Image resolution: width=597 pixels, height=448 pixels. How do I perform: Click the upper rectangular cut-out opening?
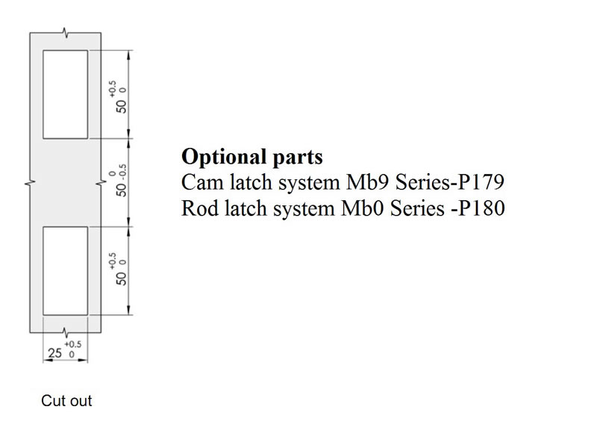[65, 94]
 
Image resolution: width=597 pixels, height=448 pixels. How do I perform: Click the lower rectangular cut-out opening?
[65, 270]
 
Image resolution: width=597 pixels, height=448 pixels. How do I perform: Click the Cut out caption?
[66, 401]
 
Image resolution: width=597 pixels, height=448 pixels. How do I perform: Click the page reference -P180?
[478, 208]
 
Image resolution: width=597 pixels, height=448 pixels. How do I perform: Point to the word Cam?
[199, 183]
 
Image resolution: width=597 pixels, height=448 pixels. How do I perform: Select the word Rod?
[197, 208]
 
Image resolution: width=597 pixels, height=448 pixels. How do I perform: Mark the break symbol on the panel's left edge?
[30, 182]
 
